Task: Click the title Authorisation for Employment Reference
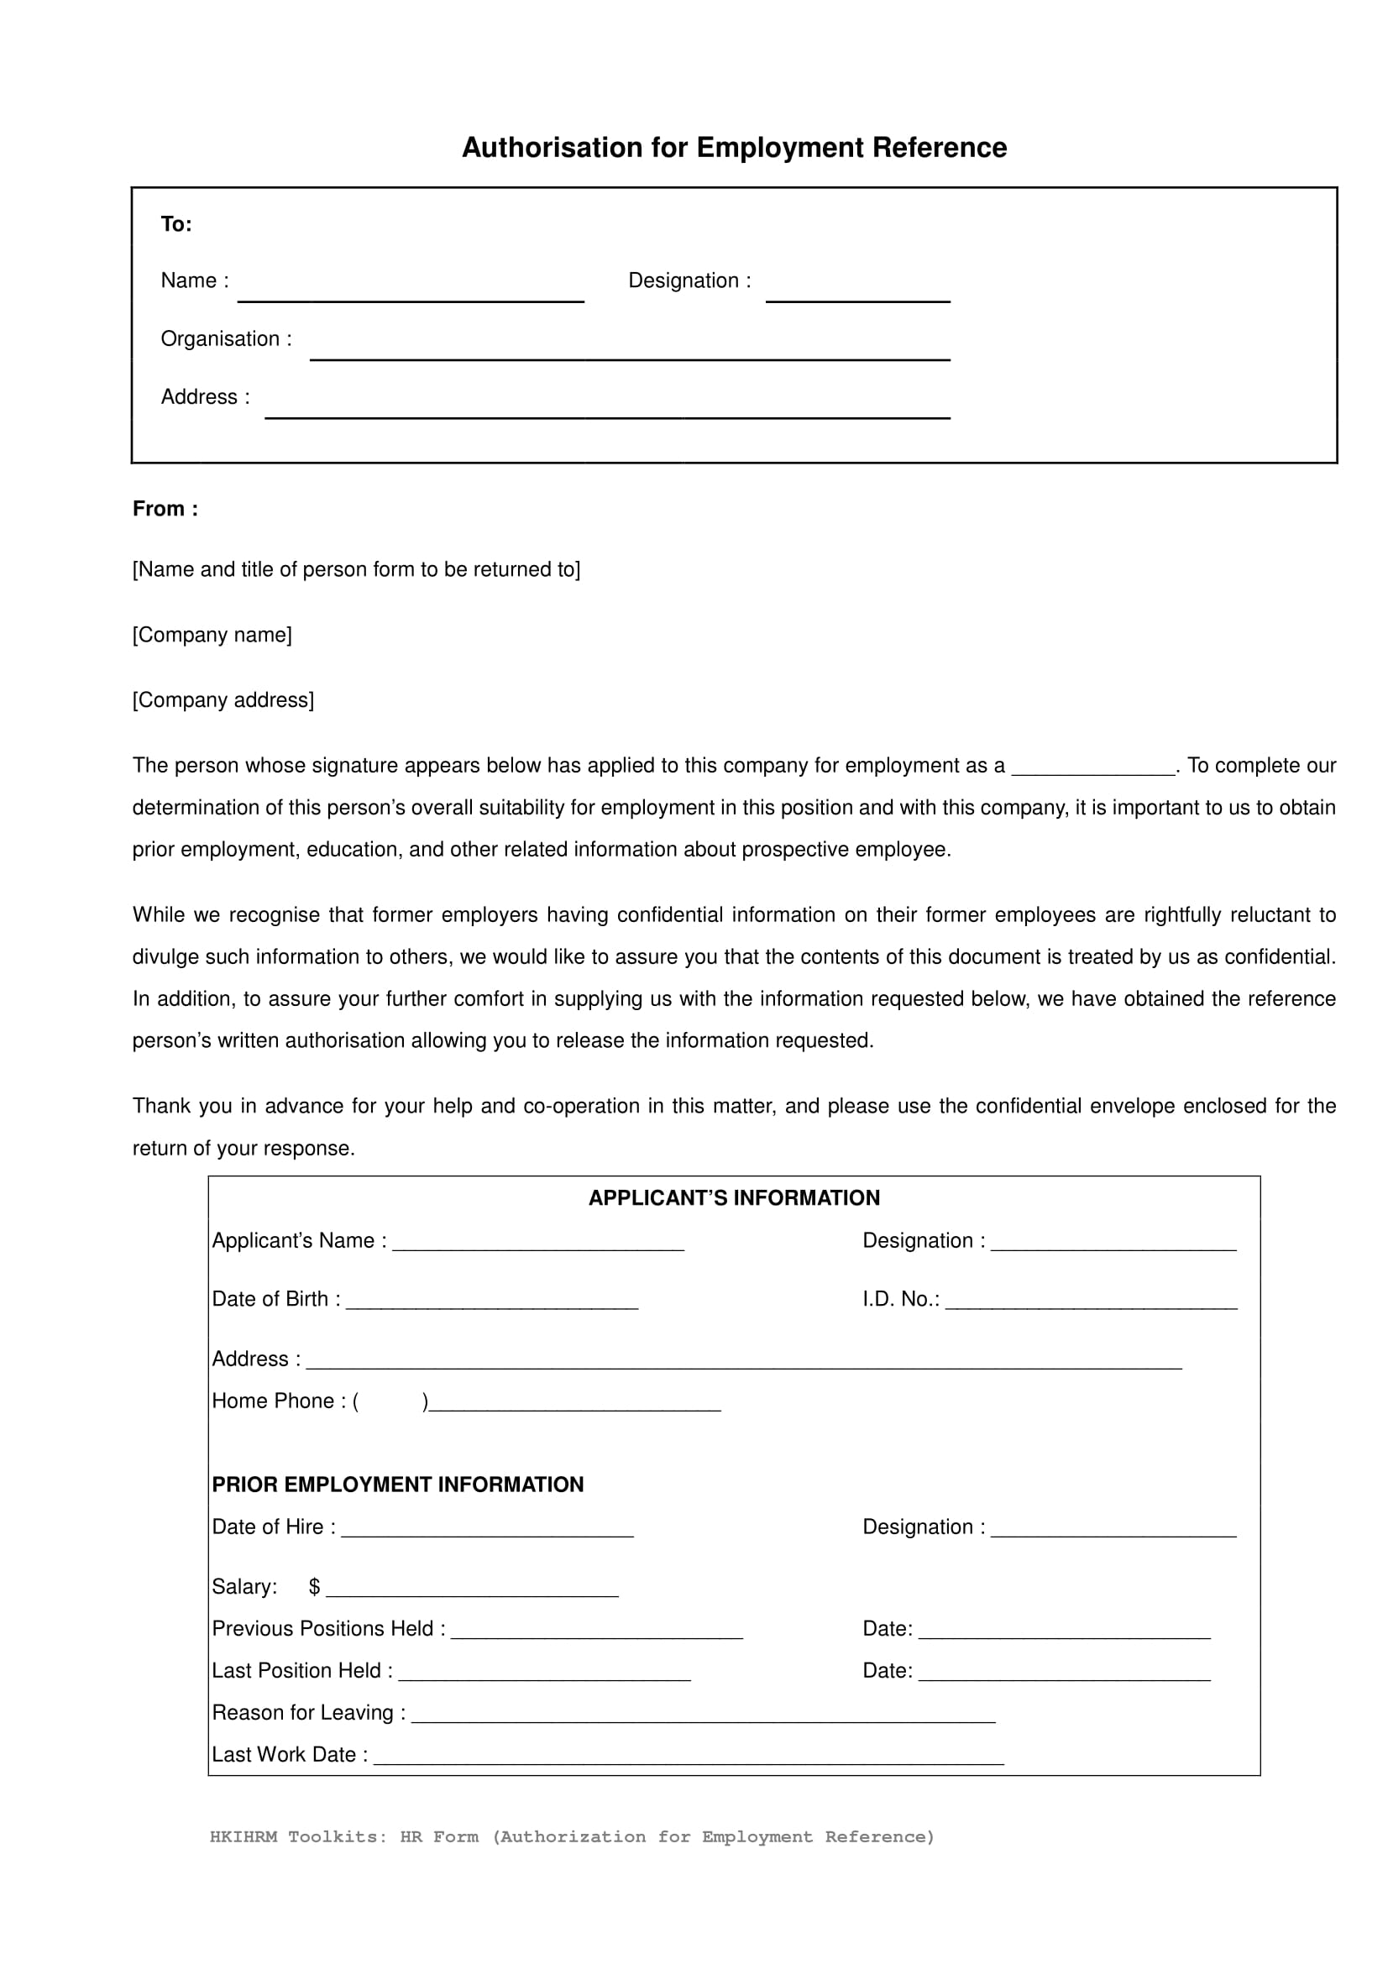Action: (734, 148)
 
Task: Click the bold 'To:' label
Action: (176, 224)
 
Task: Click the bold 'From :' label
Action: (165, 509)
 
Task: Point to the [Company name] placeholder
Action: (212, 635)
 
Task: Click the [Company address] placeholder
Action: (223, 699)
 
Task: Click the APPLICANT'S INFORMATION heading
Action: (734, 1197)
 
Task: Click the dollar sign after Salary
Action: (314, 1587)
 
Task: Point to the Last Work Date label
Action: (290, 1754)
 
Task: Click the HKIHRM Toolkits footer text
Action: (571, 1836)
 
